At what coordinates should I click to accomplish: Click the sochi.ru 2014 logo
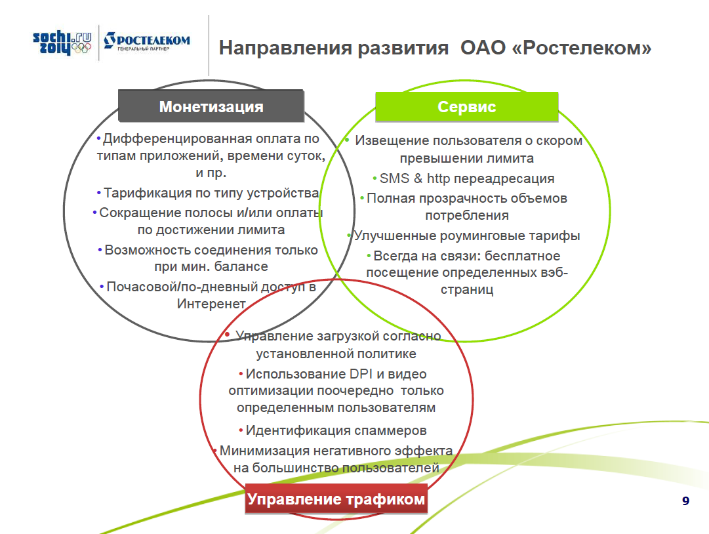click(x=62, y=43)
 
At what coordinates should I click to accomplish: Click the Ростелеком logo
click(x=147, y=41)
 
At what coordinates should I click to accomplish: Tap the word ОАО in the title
click(x=483, y=47)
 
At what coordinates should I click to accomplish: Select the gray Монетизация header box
click(x=211, y=106)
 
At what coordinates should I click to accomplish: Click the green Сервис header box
click(x=466, y=107)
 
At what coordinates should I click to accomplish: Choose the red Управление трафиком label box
click(x=336, y=499)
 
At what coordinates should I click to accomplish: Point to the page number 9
click(x=685, y=501)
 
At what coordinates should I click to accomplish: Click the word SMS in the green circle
click(x=394, y=178)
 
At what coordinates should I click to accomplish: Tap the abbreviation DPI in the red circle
click(x=361, y=374)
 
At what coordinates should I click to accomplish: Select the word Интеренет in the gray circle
click(x=211, y=303)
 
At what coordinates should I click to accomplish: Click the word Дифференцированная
click(x=177, y=139)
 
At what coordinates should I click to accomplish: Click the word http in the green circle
click(x=438, y=178)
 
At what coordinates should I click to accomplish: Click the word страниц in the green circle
click(x=466, y=290)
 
